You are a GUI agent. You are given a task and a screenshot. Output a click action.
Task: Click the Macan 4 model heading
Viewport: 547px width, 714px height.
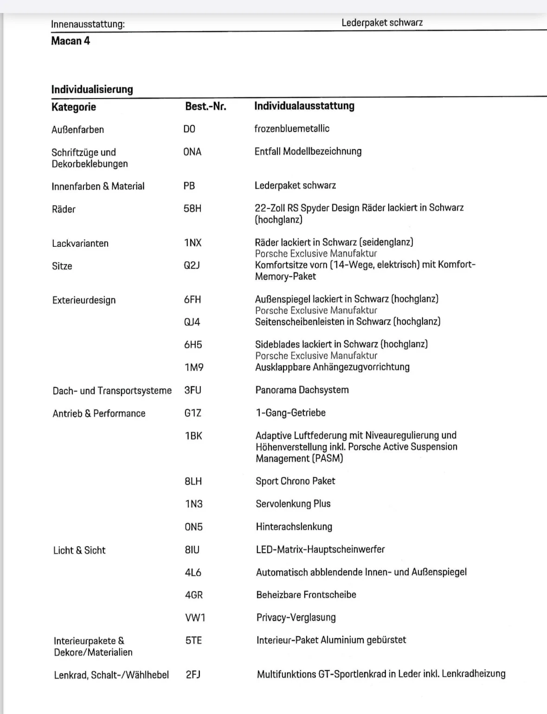click(x=71, y=41)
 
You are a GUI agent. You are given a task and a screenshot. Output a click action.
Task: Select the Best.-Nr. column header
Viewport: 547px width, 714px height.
click(x=206, y=106)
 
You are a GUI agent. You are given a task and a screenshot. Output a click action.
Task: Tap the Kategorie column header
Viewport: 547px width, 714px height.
click(x=74, y=107)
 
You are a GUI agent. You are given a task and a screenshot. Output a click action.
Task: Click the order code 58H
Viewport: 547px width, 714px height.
click(x=193, y=208)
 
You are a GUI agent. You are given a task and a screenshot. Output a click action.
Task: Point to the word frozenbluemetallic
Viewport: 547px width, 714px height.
click(x=292, y=129)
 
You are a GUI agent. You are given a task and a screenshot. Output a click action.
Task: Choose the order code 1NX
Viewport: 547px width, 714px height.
click(x=193, y=243)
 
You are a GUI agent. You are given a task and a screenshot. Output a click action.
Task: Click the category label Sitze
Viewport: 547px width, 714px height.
click(x=62, y=266)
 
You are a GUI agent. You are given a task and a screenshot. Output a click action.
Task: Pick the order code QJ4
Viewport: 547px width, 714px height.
click(x=192, y=322)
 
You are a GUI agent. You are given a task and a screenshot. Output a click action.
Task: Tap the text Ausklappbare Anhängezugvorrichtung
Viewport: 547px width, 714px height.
click(x=332, y=367)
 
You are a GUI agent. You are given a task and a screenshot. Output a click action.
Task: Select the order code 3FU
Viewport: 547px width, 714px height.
click(x=193, y=390)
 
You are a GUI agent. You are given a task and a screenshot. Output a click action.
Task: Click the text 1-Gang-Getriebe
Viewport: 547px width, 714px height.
click(x=291, y=412)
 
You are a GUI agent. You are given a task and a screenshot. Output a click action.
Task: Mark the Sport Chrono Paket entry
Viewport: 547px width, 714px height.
click(x=296, y=481)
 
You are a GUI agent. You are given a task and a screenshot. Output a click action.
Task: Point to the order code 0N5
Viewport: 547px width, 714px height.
click(x=194, y=527)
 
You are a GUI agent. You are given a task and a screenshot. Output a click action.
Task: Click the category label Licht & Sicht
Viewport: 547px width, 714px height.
click(x=79, y=550)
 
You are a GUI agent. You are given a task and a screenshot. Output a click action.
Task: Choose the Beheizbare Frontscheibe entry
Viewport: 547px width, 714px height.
click(x=306, y=595)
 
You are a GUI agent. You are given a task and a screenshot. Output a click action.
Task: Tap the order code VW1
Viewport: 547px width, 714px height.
click(x=195, y=618)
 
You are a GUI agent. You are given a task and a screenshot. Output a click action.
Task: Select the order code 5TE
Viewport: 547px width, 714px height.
click(x=194, y=640)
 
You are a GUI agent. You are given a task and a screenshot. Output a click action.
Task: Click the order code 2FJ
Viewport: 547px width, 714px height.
click(x=193, y=675)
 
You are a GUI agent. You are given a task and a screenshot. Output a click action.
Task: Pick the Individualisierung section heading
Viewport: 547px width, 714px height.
click(x=92, y=89)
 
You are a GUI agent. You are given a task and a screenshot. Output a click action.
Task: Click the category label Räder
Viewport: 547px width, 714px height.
click(x=64, y=209)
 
